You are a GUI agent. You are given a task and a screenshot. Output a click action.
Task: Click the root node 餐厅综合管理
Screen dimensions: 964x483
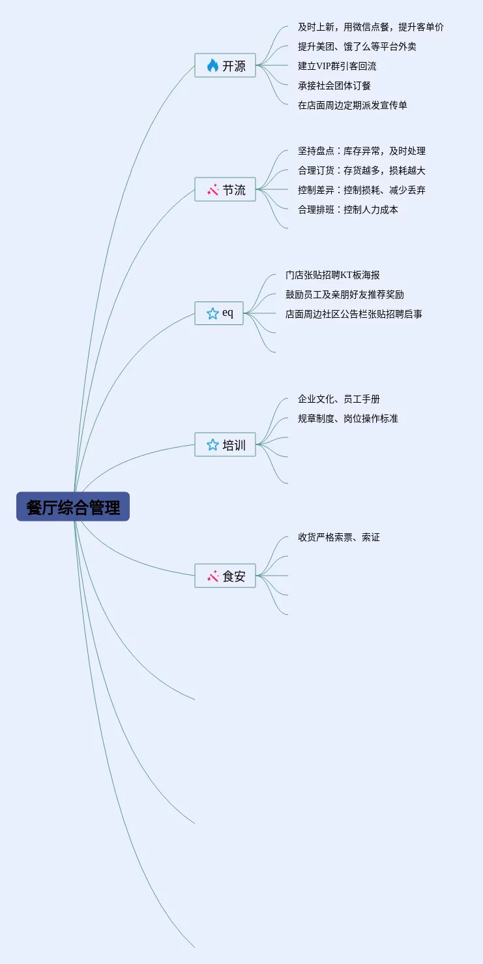(73, 507)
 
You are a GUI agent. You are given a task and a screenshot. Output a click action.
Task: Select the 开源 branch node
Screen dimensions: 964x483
(226, 65)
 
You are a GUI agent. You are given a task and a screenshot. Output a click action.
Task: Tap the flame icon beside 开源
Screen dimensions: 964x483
(212, 65)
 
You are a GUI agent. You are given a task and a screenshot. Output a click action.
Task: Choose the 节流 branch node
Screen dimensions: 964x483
(226, 189)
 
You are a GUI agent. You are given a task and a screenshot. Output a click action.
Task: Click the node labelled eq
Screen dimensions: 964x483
(219, 313)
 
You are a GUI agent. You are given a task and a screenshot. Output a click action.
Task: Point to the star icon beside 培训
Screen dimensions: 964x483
(212, 445)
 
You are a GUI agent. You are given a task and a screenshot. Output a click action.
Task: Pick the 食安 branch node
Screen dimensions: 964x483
(226, 576)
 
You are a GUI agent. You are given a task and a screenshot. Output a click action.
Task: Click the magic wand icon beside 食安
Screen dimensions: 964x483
(212, 576)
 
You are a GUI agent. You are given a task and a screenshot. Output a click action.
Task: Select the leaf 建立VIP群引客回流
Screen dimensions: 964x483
(337, 66)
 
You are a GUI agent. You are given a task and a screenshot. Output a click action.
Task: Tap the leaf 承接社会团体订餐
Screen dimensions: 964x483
(334, 86)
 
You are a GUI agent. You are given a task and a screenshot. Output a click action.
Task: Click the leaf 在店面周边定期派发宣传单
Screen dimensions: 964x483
(353, 105)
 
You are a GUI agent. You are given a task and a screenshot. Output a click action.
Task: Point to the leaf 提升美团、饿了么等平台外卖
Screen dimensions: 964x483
(357, 46)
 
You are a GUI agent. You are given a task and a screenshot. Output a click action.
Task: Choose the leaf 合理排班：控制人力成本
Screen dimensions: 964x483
(348, 210)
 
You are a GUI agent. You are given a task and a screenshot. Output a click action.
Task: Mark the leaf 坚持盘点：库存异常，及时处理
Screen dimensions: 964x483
(362, 151)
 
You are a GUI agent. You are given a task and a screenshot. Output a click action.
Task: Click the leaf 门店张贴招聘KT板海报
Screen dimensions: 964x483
(332, 275)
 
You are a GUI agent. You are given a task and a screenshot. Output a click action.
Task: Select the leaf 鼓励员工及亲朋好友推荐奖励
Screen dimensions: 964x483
(345, 294)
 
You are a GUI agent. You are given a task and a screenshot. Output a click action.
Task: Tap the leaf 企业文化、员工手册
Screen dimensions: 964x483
(339, 399)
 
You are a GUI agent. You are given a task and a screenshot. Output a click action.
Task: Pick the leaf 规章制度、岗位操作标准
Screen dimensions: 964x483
(348, 418)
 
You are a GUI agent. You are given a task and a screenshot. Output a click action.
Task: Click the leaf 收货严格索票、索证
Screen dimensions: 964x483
(339, 537)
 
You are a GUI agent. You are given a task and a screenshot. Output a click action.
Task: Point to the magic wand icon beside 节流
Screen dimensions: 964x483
(212, 189)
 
